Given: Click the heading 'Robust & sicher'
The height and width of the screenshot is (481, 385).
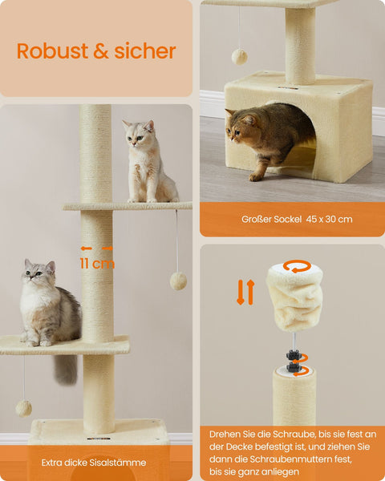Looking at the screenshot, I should [96, 51].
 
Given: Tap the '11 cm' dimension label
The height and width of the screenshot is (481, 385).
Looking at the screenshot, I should [96, 264].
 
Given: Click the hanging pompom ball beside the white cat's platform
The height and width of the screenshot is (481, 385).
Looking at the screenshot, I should [178, 281].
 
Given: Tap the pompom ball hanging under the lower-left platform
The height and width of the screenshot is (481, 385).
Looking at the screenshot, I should [24, 408].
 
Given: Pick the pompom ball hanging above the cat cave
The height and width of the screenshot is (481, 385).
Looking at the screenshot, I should [239, 56].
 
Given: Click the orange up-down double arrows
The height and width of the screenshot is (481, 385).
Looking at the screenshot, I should [245, 292].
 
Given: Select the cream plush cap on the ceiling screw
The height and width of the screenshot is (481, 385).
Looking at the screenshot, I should [295, 297].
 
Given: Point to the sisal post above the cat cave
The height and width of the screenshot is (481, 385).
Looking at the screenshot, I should [300, 44].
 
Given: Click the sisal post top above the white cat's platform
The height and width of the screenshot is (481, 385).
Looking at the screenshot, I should [95, 152].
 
